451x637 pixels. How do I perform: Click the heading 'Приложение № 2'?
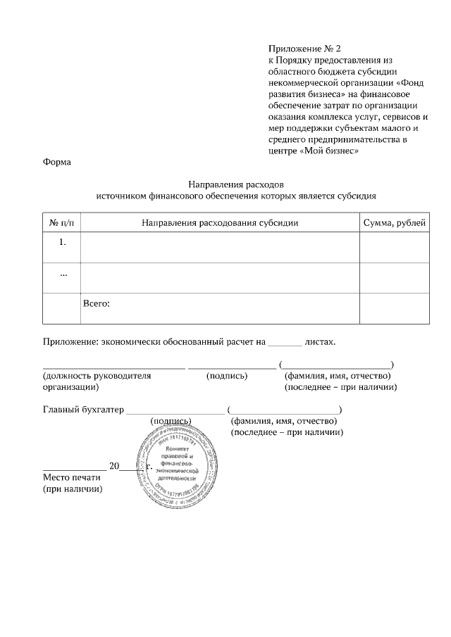(304, 49)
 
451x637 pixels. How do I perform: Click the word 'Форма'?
(56, 162)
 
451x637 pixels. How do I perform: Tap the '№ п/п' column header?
(63, 222)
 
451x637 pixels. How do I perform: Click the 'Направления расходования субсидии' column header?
(220, 222)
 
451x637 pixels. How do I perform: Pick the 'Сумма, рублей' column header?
(394, 222)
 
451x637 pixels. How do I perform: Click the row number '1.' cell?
(63, 243)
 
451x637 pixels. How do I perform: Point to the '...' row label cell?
(63, 273)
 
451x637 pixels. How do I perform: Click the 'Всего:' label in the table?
(97, 304)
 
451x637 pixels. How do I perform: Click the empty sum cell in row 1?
(394, 248)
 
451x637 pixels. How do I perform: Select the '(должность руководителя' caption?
(97, 376)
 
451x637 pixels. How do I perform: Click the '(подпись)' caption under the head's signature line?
(226, 376)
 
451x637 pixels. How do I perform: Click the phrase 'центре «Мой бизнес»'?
(314, 151)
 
